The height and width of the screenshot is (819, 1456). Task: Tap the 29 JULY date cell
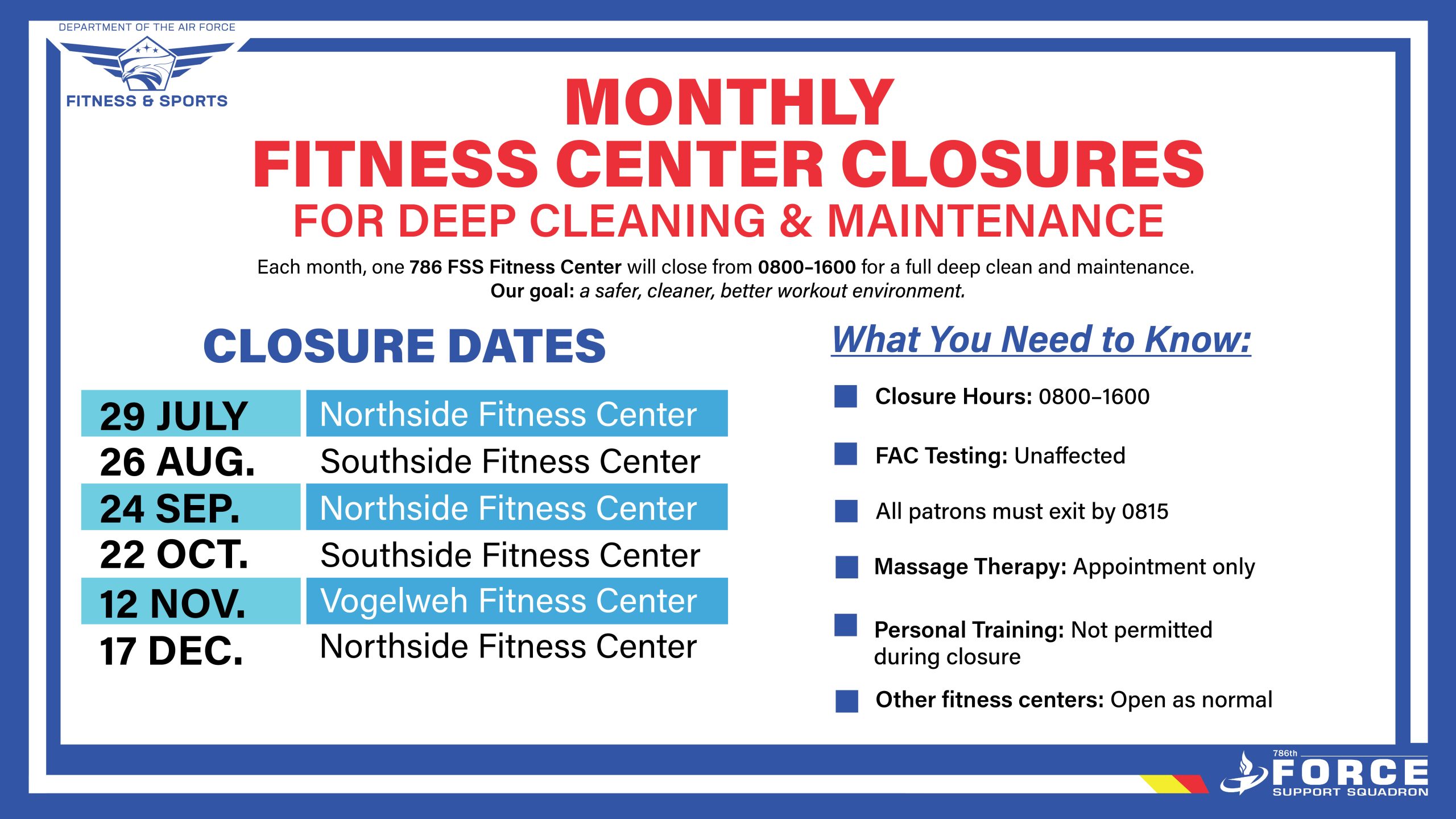[191, 413]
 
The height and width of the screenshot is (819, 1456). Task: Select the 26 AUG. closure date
[177, 461]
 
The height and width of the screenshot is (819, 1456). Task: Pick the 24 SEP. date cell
[191, 507]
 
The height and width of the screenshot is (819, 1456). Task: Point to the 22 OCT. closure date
[174, 555]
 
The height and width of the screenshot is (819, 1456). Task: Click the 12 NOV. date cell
[191, 601]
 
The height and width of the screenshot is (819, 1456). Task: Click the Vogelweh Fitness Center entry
[517, 601]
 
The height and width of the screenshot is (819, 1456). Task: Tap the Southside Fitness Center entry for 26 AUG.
[510, 461]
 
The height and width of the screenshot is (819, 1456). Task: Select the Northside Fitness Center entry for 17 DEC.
[508, 646]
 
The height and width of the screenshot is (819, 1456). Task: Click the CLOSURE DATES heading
[404, 346]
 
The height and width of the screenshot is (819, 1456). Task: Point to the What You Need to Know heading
[1041, 340]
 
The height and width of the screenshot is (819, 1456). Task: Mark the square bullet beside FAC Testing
[846, 454]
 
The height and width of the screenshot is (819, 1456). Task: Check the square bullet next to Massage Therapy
[847, 567]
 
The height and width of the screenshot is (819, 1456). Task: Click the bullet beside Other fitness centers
[847, 701]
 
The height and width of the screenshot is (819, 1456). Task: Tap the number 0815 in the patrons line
[1145, 512]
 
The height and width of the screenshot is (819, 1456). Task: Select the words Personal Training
[969, 630]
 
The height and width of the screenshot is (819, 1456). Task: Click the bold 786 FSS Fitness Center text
[515, 267]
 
